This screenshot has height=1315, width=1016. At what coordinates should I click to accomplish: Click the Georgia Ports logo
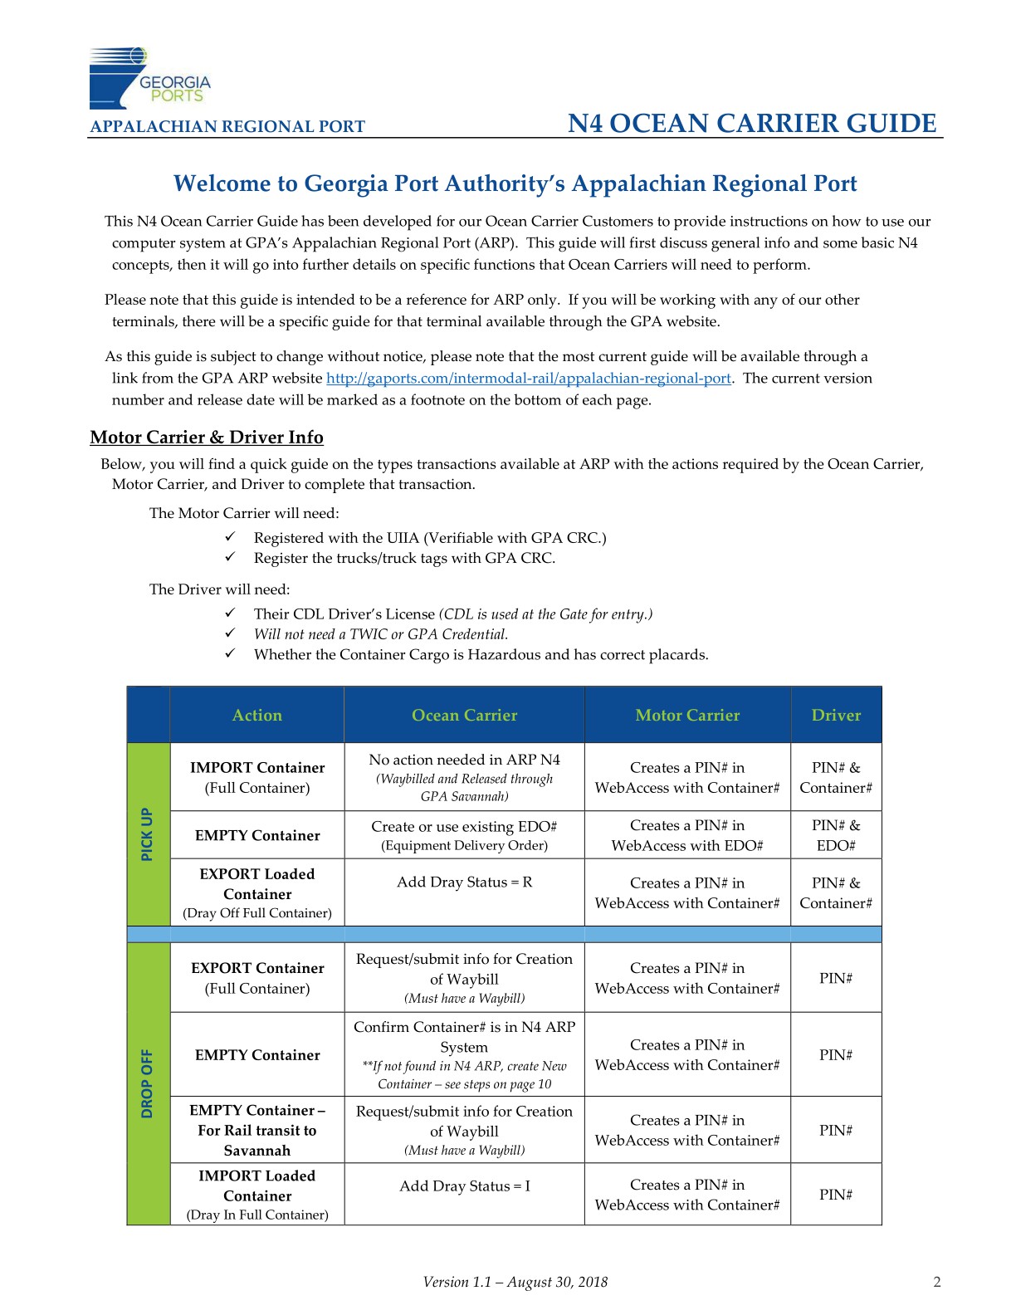click(x=149, y=79)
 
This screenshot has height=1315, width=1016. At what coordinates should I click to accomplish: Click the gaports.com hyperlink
click(x=528, y=379)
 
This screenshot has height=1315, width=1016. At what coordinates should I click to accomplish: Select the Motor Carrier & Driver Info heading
click(x=207, y=438)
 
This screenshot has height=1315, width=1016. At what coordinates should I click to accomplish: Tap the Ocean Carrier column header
click(x=464, y=715)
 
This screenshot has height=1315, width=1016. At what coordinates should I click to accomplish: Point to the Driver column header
click(x=836, y=715)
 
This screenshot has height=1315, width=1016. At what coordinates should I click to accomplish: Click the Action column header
click(x=256, y=715)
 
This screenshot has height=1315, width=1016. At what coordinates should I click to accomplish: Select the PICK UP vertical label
click(x=148, y=833)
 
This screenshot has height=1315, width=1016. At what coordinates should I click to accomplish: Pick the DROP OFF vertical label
click(x=148, y=1083)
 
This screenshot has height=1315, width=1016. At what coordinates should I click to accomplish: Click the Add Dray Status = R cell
click(x=464, y=882)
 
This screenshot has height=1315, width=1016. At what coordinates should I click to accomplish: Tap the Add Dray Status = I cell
click(x=464, y=1185)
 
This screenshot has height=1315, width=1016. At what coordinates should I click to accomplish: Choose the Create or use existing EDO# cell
click(x=464, y=835)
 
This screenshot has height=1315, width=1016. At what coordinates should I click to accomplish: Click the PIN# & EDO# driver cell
click(x=836, y=835)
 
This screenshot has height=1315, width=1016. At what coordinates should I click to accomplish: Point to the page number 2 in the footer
click(x=937, y=1282)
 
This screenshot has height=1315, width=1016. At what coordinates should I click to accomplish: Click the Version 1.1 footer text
click(x=515, y=1282)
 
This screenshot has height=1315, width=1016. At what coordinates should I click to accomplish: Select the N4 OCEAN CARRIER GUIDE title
click(x=752, y=124)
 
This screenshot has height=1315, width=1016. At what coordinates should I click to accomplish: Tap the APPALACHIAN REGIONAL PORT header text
click(x=227, y=127)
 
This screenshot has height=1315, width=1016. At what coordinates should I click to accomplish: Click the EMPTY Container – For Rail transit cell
click(x=256, y=1130)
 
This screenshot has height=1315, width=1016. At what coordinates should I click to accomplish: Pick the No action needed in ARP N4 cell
click(x=464, y=777)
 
